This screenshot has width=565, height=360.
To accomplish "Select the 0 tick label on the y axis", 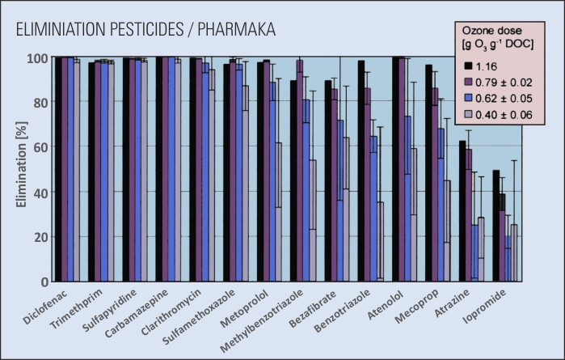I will pyautogui.click(x=45, y=282).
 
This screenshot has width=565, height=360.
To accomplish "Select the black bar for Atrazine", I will pyautogui.click(x=462, y=211).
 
